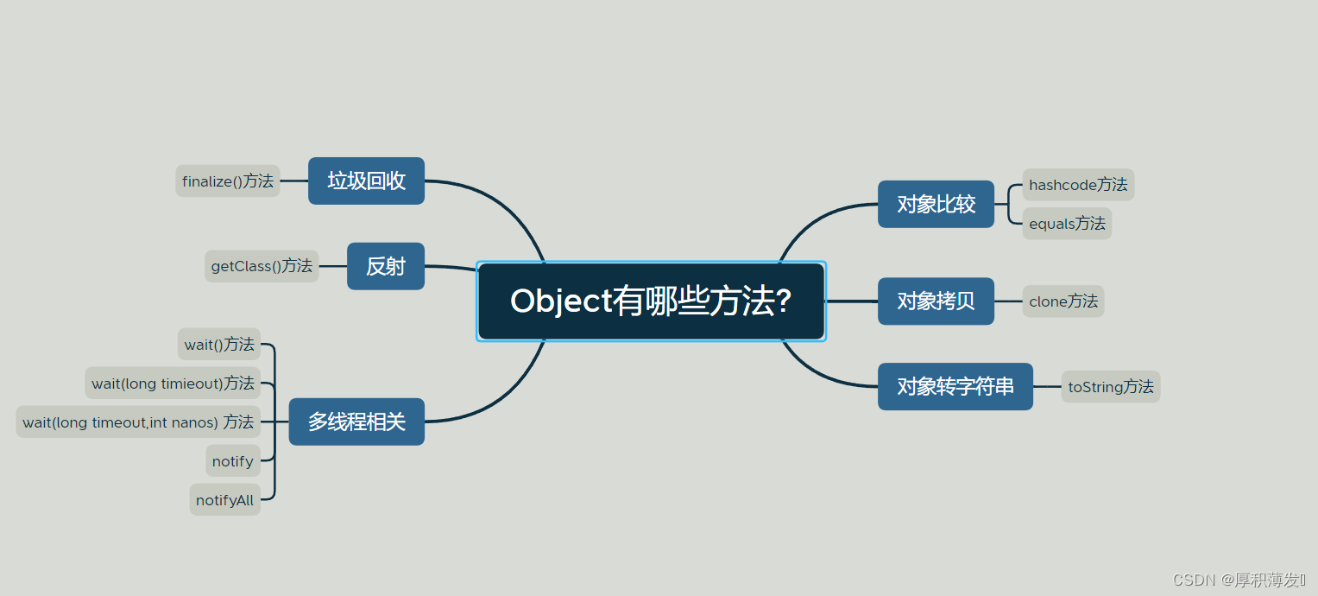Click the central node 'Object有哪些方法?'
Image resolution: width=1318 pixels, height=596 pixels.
coord(651,301)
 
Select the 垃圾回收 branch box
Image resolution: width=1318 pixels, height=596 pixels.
coord(366,181)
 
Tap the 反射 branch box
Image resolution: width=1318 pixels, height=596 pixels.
coord(385,266)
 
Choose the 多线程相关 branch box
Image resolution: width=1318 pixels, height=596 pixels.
coord(356,422)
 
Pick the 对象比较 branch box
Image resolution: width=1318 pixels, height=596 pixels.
coord(936,205)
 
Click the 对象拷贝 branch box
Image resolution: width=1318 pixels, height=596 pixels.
coord(936,301)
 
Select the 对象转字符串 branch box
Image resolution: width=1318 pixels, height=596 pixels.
coord(955,386)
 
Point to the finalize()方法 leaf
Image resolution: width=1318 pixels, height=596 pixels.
coord(228,181)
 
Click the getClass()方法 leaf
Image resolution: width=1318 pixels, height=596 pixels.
coord(262,266)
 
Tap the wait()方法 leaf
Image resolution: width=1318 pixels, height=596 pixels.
coord(219,344)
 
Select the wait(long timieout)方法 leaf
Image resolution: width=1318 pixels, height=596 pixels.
coord(173,383)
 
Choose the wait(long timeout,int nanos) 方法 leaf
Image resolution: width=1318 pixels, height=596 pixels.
coord(138,422)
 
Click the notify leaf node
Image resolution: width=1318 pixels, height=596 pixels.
coord(233,461)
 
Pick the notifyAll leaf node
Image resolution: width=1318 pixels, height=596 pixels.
coord(224,500)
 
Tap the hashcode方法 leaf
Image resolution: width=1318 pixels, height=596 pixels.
coord(1078,185)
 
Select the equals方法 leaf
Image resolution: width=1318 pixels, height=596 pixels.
coord(1067,224)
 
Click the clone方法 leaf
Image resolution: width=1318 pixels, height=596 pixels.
coord(1063,301)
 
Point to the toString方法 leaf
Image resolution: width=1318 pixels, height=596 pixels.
coord(1111,387)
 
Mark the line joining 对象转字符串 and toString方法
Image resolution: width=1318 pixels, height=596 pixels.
coord(1047,387)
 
